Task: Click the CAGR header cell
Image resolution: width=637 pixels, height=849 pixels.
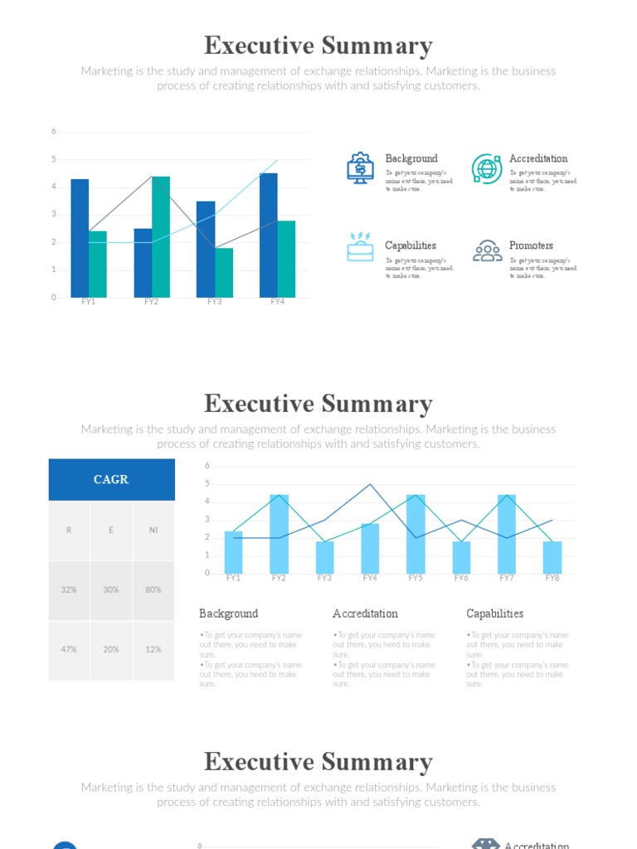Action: (x=111, y=479)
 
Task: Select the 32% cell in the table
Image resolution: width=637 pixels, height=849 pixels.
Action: (x=69, y=589)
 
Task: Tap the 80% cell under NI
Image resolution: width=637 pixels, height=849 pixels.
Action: (x=153, y=589)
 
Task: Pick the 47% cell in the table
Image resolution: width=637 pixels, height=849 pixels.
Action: (x=69, y=649)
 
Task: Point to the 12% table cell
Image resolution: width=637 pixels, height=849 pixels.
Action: (x=153, y=649)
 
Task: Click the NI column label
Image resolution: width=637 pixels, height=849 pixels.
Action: (x=153, y=530)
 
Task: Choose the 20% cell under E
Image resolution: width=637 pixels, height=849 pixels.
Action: (x=111, y=649)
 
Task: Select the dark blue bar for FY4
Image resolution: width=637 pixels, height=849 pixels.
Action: (x=268, y=235)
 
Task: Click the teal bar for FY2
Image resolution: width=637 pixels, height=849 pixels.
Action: (x=161, y=237)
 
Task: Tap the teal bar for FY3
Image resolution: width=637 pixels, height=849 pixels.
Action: (x=224, y=273)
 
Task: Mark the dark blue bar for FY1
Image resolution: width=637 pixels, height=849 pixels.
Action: (x=80, y=238)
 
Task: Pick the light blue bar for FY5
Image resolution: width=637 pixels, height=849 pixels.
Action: (x=416, y=534)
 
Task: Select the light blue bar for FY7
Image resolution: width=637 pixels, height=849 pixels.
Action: (x=507, y=534)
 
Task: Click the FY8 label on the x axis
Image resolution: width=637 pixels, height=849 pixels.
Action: (x=552, y=578)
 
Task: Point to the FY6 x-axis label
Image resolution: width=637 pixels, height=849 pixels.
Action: (x=461, y=578)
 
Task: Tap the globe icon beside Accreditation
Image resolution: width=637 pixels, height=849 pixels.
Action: (x=486, y=168)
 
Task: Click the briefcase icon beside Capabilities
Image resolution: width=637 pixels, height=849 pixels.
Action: (x=360, y=248)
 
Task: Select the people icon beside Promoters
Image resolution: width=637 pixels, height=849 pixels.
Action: (x=486, y=251)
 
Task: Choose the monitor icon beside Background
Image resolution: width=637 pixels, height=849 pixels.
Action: (x=360, y=168)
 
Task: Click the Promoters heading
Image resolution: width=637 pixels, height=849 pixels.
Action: (x=531, y=245)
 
